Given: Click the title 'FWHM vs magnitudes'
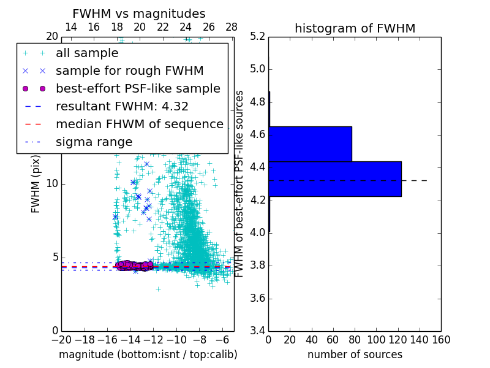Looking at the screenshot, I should pyautogui.click(x=139, y=13).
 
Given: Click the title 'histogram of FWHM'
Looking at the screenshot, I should pyautogui.click(x=355, y=28).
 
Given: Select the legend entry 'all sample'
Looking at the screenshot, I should pyautogui.click(x=87, y=53).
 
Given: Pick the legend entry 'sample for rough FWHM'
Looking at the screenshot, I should pyautogui.click(x=129, y=71).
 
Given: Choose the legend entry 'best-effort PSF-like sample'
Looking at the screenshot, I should pyautogui.click(x=138, y=88).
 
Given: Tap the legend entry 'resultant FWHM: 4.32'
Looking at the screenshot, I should pyautogui.click(x=122, y=106).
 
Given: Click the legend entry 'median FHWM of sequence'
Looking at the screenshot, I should pyautogui.click(x=139, y=124).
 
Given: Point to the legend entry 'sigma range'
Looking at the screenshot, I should pyautogui.click(x=94, y=142).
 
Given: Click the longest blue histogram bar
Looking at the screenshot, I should pyautogui.click(x=334, y=179).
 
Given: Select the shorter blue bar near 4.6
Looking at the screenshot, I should pyautogui.click(x=310, y=144).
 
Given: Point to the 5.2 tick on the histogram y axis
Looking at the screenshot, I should pyautogui.click(x=257, y=36).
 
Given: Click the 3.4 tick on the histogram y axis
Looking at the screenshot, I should pyautogui.click(x=257, y=331).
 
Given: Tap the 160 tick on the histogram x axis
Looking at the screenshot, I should pyautogui.click(x=441, y=340).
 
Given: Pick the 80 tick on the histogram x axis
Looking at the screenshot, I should pyautogui.click(x=355, y=340).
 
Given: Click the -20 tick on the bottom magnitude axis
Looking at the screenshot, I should pyautogui.click(x=61, y=340).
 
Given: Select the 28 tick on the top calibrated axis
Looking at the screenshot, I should pyautogui.click(x=232, y=28).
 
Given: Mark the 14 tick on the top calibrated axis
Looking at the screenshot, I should pyautogui.click(x=71, y=28).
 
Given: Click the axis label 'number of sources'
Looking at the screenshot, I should pyautogui.click(x=355, y=355).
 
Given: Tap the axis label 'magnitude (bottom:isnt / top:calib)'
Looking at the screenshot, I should pyautogui.click(x=148, y=355).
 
